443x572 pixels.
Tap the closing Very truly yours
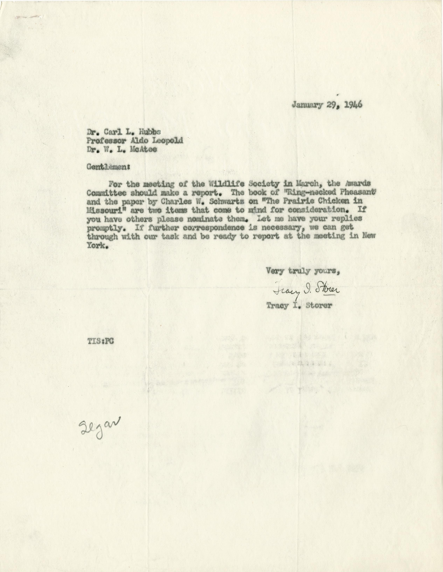303,271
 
